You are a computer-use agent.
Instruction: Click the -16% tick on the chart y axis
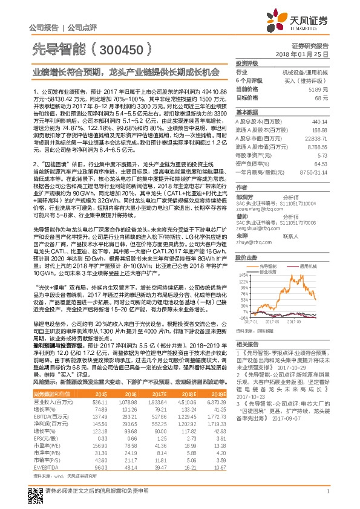pyautogui.click(x=243, y=317)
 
